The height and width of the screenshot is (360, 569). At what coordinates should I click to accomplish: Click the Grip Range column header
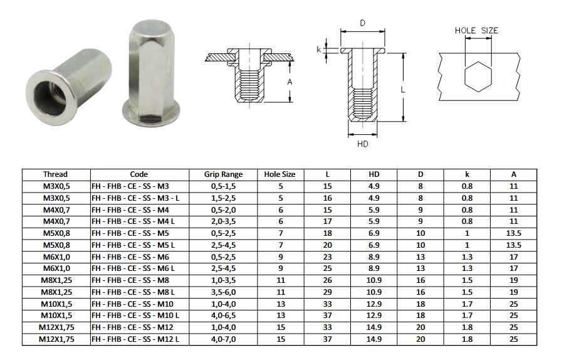point(223,174)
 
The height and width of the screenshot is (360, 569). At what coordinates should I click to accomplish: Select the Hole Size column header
point(279,174)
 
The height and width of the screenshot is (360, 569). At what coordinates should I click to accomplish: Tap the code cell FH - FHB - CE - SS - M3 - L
point(135,198)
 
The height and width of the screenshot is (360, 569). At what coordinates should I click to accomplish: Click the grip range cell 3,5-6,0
point(224,292)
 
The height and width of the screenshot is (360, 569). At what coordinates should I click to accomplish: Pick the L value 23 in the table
point(327,257)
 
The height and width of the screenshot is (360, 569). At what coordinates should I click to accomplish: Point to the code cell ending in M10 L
point(135,315)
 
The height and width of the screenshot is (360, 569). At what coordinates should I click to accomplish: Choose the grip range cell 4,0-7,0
point(224,339)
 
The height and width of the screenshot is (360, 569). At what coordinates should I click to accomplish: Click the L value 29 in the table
point(327,292)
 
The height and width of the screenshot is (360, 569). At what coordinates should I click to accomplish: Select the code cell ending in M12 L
point(135,339)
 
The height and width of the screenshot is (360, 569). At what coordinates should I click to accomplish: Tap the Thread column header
point(56,174)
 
